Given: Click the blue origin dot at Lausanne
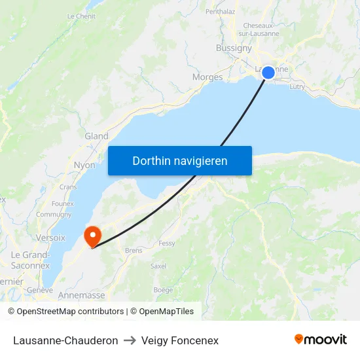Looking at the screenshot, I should click(x=268, y=73).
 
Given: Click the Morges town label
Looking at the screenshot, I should click(x=207, y=77).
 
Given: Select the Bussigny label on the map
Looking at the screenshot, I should click(x=234, y=48).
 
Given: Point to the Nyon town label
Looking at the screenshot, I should click(x=84, y=166).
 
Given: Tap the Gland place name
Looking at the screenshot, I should click(x=96, y=136).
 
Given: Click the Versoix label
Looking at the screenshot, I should click(x=51, y=238).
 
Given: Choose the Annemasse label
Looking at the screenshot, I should click(x=81, y=295).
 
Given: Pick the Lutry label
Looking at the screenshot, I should click(x=297, y=86).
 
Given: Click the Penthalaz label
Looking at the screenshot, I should click(x=220, y=11).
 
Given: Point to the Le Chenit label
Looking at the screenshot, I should click(x=82, y=16).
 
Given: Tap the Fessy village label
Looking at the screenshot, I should click(x=167, y=243).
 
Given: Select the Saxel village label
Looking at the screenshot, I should click(x=158, y=266).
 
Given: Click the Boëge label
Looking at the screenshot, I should click(x=163, y=290).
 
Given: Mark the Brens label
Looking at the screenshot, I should click(x=134, y=250).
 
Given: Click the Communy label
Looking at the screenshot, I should click(x=54, y=214).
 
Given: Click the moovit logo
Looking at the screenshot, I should click(x=321, y=340).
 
